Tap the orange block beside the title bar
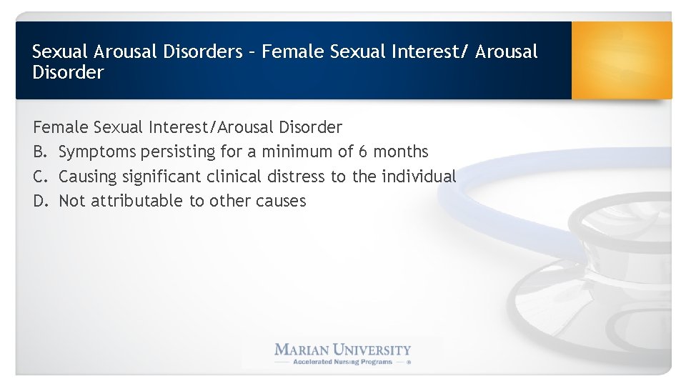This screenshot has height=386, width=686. point(621,60)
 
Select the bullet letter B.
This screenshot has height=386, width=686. point(39,152)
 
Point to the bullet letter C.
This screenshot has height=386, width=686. point(39,177)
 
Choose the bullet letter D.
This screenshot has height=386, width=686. point(39,201)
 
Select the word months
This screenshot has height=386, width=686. point(402,152)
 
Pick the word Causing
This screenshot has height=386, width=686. point(88,177)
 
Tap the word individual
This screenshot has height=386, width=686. point(419,177)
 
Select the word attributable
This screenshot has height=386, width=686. point(136,201)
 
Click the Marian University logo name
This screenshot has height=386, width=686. point(343,350)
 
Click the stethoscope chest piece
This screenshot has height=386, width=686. point(572,315)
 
